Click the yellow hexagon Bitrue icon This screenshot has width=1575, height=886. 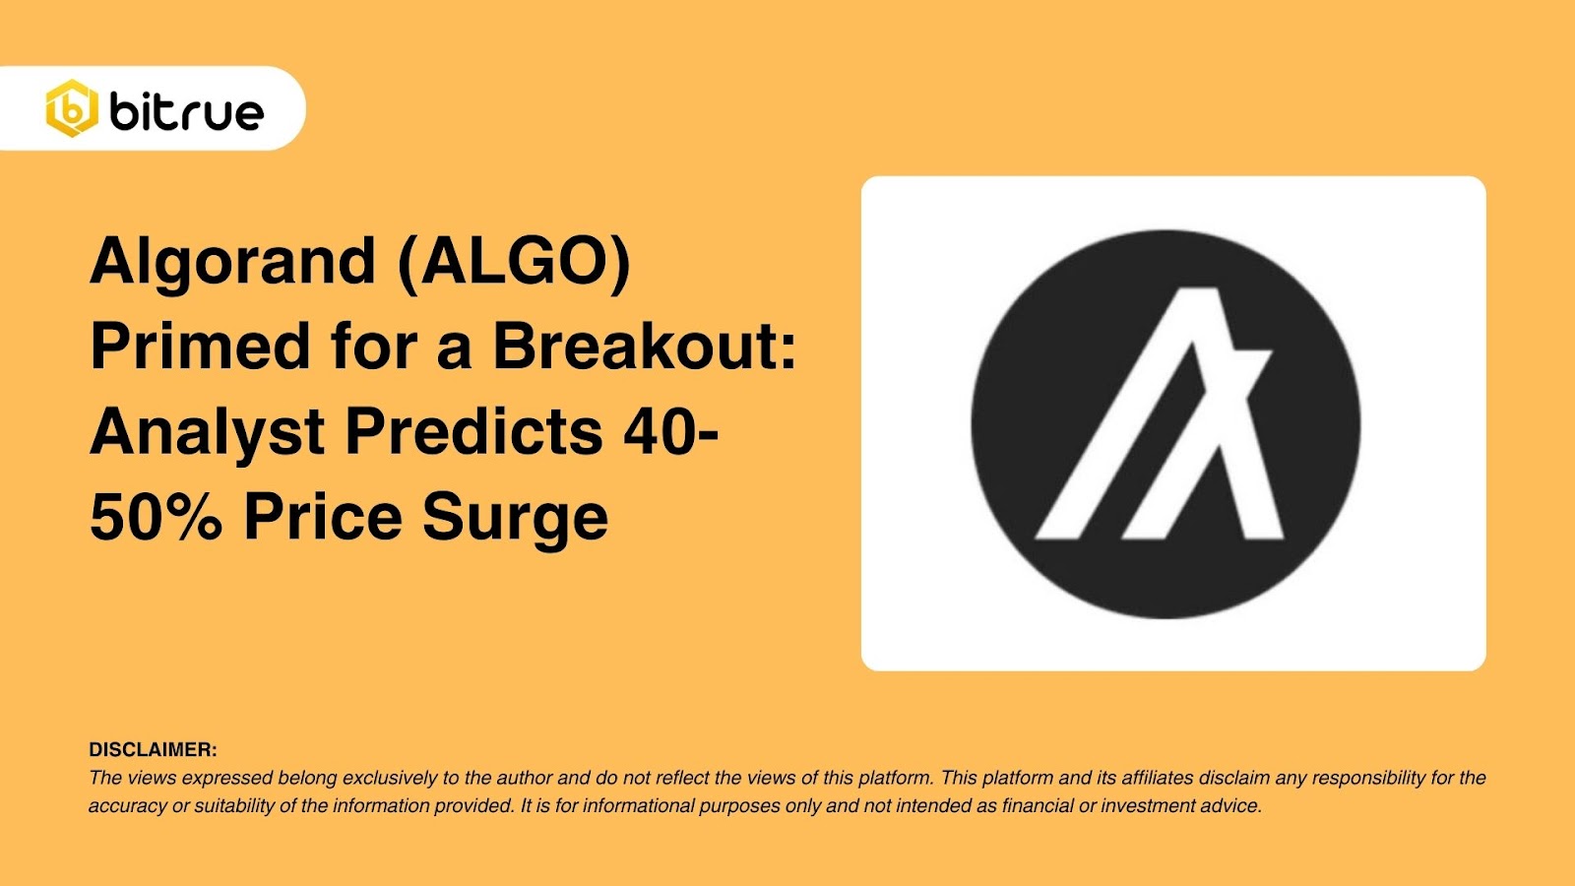[72, 108]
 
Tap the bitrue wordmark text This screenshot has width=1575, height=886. [187, 111]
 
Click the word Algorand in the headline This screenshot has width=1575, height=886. [233, 262]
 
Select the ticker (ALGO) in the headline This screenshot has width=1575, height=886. [513, 262]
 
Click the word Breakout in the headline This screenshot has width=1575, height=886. [645, 347]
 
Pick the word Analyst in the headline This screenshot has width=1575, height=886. [208, 433]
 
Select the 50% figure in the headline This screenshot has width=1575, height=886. [156, 518]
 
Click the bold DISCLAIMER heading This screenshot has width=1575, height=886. [153, 750]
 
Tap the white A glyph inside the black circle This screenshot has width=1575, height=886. [1162, 413]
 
